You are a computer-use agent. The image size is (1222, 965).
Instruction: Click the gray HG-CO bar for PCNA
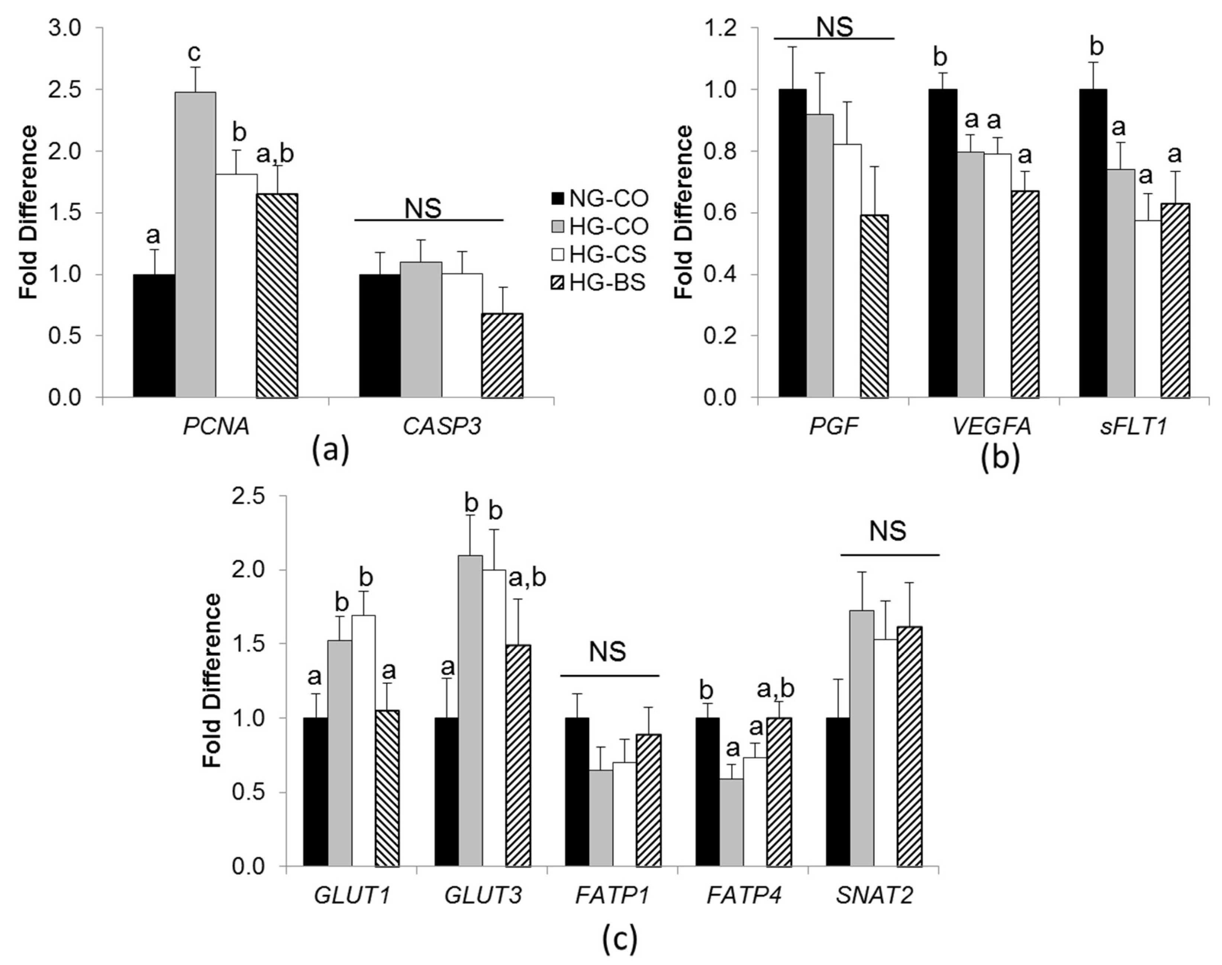195,245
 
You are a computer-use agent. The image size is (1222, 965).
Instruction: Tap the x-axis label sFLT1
1133,427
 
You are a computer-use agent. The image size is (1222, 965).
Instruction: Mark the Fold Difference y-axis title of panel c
212,681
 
